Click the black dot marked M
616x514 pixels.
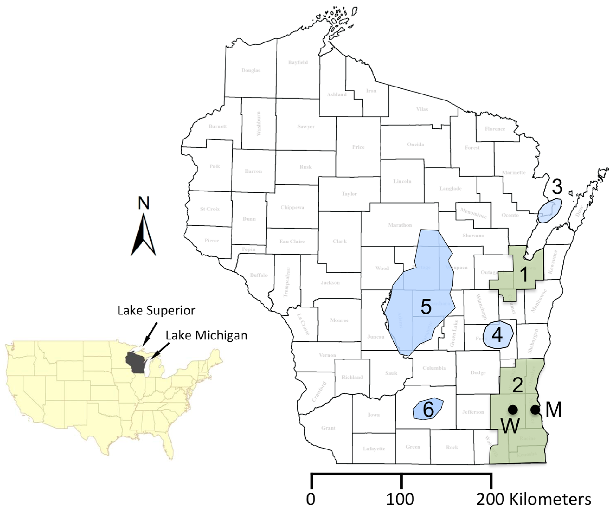tap(535, 410)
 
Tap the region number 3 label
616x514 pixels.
tap(557, 187)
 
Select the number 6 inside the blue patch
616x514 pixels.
tap(428, 410)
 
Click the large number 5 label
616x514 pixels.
tap(426, 307)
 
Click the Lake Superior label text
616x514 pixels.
tap(156, 310)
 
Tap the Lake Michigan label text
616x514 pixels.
tap(206, 335)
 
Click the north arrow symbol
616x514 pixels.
tap(143, 235)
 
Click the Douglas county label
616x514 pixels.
tap(251, 70)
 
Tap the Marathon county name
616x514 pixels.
tap(400, 225)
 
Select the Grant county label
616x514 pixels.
tap(328, 428)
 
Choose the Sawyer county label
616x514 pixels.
tap(306, 127)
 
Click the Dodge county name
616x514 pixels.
tap(478, 373)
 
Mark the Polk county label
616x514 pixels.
tap(215, 166)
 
